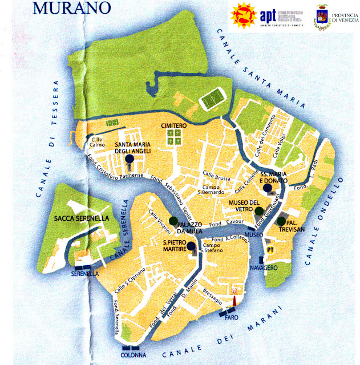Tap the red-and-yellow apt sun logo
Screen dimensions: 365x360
(x=242, y=16)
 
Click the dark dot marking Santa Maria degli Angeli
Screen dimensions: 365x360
(x=130, y=159)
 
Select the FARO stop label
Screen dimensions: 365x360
(x=230, y=317)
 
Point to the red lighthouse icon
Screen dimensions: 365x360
(x=234, y=292)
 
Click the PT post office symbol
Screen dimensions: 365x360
(x=270, y=250)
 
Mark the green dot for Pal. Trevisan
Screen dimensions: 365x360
(x=281, y=221)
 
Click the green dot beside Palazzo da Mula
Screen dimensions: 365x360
(x=173, y=221)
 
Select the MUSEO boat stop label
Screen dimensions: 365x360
(x=254, y=235)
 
